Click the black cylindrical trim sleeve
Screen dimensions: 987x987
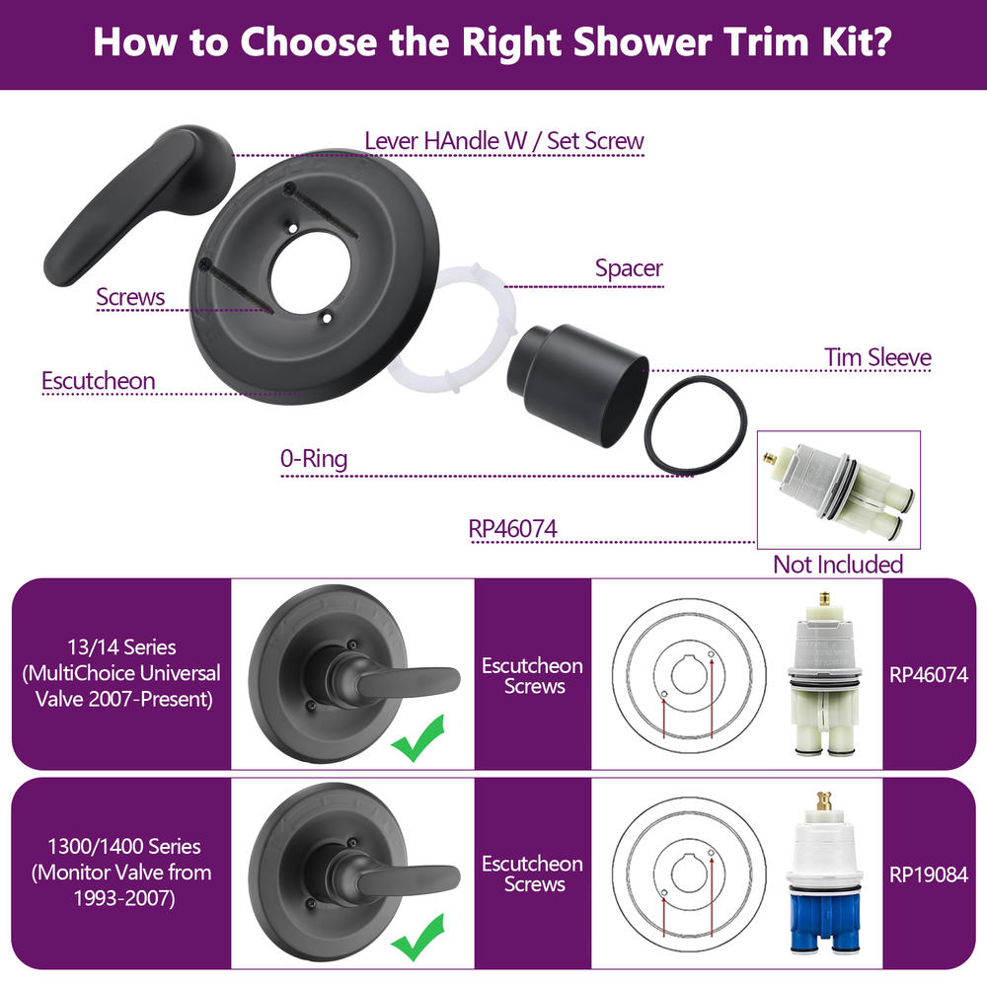(x=576, y=384)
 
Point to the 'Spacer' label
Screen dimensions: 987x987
(x=629, y=268)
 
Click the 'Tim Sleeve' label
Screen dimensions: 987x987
(x=877, y=357)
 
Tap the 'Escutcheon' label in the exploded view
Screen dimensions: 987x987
(x=98, y=381)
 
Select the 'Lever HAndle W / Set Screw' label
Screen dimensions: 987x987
(x=504, y=141)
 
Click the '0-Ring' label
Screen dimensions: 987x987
(x=314, y=459)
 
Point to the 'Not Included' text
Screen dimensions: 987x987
(x=838, y=565)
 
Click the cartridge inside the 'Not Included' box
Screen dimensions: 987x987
(x=839, y=489)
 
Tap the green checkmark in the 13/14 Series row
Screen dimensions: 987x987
(x=418, y=737)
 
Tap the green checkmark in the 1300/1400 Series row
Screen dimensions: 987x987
(x=418, y=938)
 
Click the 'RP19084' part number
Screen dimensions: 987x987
(x=929, y=874)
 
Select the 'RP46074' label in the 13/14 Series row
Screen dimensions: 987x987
(x=929, y=675)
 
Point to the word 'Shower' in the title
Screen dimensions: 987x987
(x=643, y=41)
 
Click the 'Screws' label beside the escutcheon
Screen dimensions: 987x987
(x=130, y=297)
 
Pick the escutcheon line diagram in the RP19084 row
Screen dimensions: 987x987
(x=689, y=873)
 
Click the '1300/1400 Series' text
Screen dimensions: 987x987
(x=124, y=847)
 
